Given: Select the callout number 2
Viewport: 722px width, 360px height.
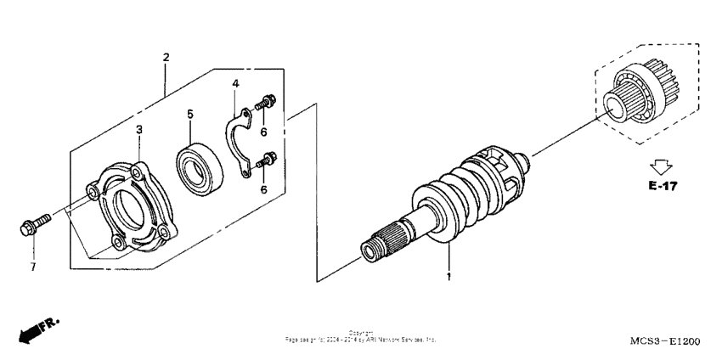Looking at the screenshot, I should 166,57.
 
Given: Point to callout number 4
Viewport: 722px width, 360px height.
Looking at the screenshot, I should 236,82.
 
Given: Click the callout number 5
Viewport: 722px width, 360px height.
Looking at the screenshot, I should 190,113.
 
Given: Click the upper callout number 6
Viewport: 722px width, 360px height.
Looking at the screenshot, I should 263,132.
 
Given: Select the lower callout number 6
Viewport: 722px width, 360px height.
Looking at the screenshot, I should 263,189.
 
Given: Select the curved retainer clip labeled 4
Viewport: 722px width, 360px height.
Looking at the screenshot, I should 238,141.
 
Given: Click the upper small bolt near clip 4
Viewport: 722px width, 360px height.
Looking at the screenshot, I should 264,104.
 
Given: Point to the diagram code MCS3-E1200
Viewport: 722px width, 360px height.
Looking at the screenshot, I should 665,340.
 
